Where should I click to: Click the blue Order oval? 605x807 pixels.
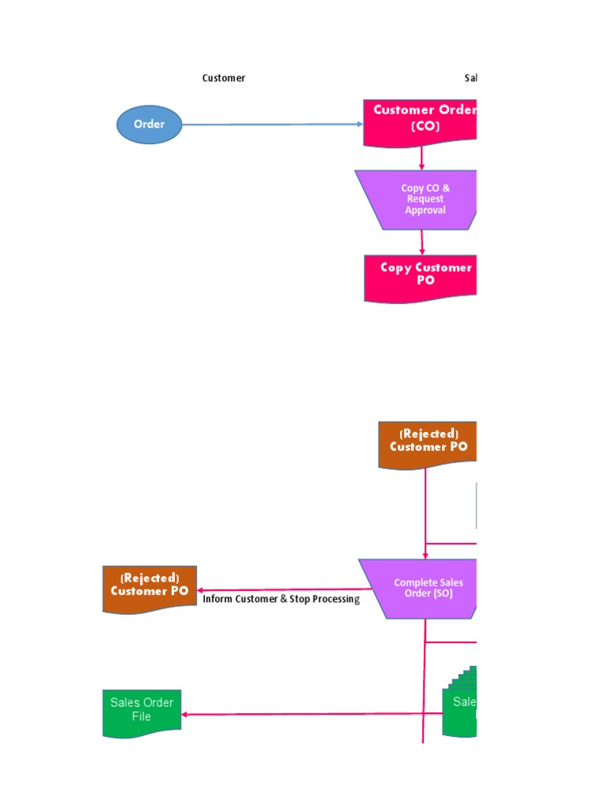pos(149,125)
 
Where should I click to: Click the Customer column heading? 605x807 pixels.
pos(224,78)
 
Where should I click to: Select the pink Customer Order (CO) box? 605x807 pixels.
pos(421,121)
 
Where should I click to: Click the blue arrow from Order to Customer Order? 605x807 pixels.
pos(272,125)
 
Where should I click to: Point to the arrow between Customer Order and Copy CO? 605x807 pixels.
pos(422,158)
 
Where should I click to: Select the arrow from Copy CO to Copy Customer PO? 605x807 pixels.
pos(422,242)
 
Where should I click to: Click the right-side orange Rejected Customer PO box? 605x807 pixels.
pos(428,444)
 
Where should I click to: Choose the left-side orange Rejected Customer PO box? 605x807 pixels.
pos(150,588)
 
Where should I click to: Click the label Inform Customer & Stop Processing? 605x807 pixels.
pos(280,599)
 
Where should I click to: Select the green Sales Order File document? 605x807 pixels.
pos(142,712)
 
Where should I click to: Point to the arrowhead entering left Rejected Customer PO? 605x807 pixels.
pos(202,590)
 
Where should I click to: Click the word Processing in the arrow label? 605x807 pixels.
pos(336,599)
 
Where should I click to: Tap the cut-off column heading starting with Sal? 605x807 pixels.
pos(470,78)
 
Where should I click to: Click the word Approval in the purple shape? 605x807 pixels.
pos(425,210)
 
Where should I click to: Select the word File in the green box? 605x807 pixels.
pos(142,717)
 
